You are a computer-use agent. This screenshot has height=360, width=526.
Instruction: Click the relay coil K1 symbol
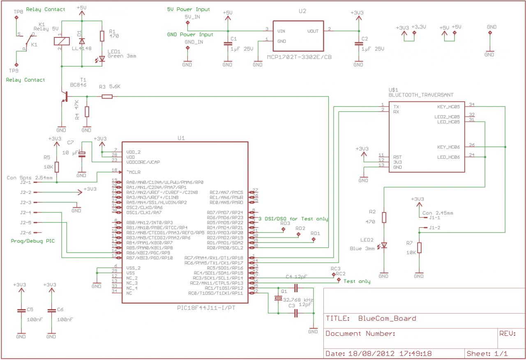coord(61,41)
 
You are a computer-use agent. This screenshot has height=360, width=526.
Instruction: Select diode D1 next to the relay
coord(82,41)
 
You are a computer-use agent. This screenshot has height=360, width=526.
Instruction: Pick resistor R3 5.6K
coord(107,97)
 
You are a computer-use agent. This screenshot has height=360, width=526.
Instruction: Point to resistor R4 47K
coord(87,111)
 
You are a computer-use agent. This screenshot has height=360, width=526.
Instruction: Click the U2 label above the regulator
coord(302,12)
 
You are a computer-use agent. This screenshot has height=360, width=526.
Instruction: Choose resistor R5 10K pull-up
coord(56,167)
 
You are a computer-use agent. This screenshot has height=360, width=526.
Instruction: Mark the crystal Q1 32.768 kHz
coord(279,298)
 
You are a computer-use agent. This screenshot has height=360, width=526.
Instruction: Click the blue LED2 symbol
coord(384,245)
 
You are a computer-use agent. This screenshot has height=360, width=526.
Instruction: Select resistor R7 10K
coord(419,249)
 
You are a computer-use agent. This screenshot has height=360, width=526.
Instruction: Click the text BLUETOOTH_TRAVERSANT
coord(421,95)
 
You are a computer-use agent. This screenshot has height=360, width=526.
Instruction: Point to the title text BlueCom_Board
coord(387,318)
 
